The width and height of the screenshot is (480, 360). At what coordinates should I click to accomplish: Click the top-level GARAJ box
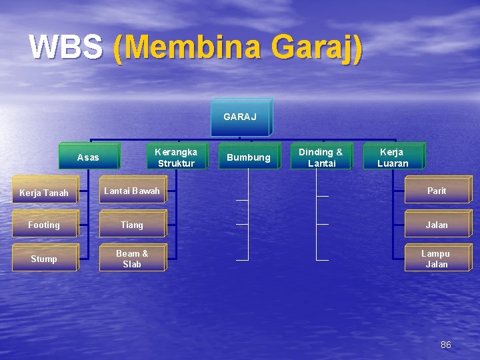click(x=240, y=117)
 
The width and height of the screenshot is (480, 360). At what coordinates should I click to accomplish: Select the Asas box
click(x=89, y=157)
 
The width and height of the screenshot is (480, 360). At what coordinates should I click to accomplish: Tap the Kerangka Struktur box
click(x=176, y=157)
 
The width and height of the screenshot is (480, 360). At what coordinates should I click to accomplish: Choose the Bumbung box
click(x=249, y=157)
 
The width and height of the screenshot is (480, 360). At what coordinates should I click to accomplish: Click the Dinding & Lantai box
click(x=321, y=157)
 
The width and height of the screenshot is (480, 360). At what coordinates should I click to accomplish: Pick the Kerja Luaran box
click(x=393, y=157)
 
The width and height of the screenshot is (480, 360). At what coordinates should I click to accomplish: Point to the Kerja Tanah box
click(x=44, y=193)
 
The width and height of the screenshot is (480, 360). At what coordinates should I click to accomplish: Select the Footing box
click(x=44, y=225)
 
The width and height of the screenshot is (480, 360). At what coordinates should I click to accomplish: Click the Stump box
click(x=44, y=259)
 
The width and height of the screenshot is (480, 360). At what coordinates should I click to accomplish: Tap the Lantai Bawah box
click(x=132, y=191)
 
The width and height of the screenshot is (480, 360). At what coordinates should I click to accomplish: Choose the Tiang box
click(x=132, y=225)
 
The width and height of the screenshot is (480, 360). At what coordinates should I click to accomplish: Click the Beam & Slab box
click(x=132, y=259)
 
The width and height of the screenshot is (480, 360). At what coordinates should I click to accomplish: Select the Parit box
click(x=437, y=191)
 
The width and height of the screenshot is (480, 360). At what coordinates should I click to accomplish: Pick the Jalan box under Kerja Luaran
click(x=437, y=225)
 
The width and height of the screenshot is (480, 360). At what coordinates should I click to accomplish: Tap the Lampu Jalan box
click(x=436, y=259)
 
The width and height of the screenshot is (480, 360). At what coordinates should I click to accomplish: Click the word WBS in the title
click(x=66, y=48)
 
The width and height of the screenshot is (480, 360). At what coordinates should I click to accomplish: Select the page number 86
click(x=446, y=345)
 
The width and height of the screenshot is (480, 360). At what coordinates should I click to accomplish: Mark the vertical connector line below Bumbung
click(x=248, y=213)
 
